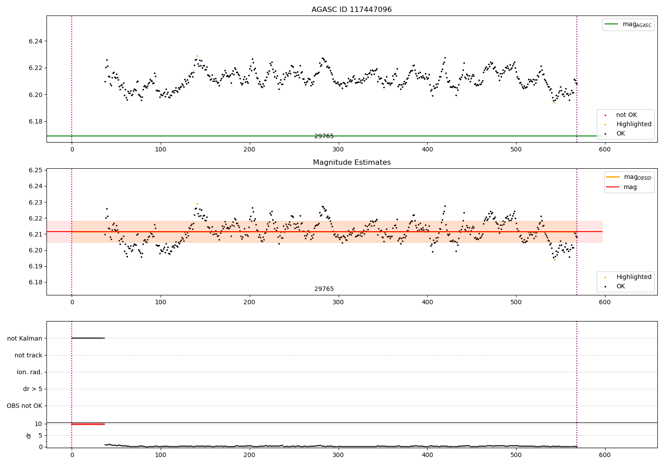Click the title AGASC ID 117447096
(x=351, y=10)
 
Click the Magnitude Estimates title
(x=351, y=163)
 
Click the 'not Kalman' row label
(x=25, y=338)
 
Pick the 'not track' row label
(x=28, y=355)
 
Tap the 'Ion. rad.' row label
(x=30, y=372)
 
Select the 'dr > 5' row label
(x=33, y=389)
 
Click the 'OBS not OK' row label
(x=25, y=406)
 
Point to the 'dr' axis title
(x=29, y=435)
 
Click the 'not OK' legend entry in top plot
(x=626, y=115)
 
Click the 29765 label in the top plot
(x=324, y=136)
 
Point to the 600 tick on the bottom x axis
(x=605, y=455)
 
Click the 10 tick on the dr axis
(x=39, y=424)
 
